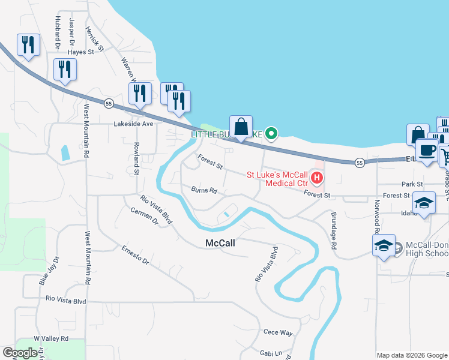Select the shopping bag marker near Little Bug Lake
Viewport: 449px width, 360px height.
pyautogui.click(x=241, y=128)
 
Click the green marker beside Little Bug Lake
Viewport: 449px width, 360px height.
pyautogui.click(x=271, y=133)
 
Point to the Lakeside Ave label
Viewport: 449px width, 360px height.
pyautogui.click(x=134, y=124)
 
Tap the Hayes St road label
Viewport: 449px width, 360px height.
pyautogui.click(x=81, y=52)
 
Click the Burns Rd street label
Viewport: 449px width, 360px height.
pyautogui.click(x=204, y=191)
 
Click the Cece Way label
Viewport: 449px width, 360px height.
pyautogui.click(x=278, y=332)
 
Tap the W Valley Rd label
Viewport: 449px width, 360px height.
pyautogui.click(x=51, y=338)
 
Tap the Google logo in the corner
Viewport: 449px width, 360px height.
pyautogui.click(x=20, y=353)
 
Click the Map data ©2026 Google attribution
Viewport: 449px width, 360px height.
pyautogui.click(x=411, y=355)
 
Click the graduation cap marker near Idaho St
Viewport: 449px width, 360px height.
pyautogui.click(x=424, y=203)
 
